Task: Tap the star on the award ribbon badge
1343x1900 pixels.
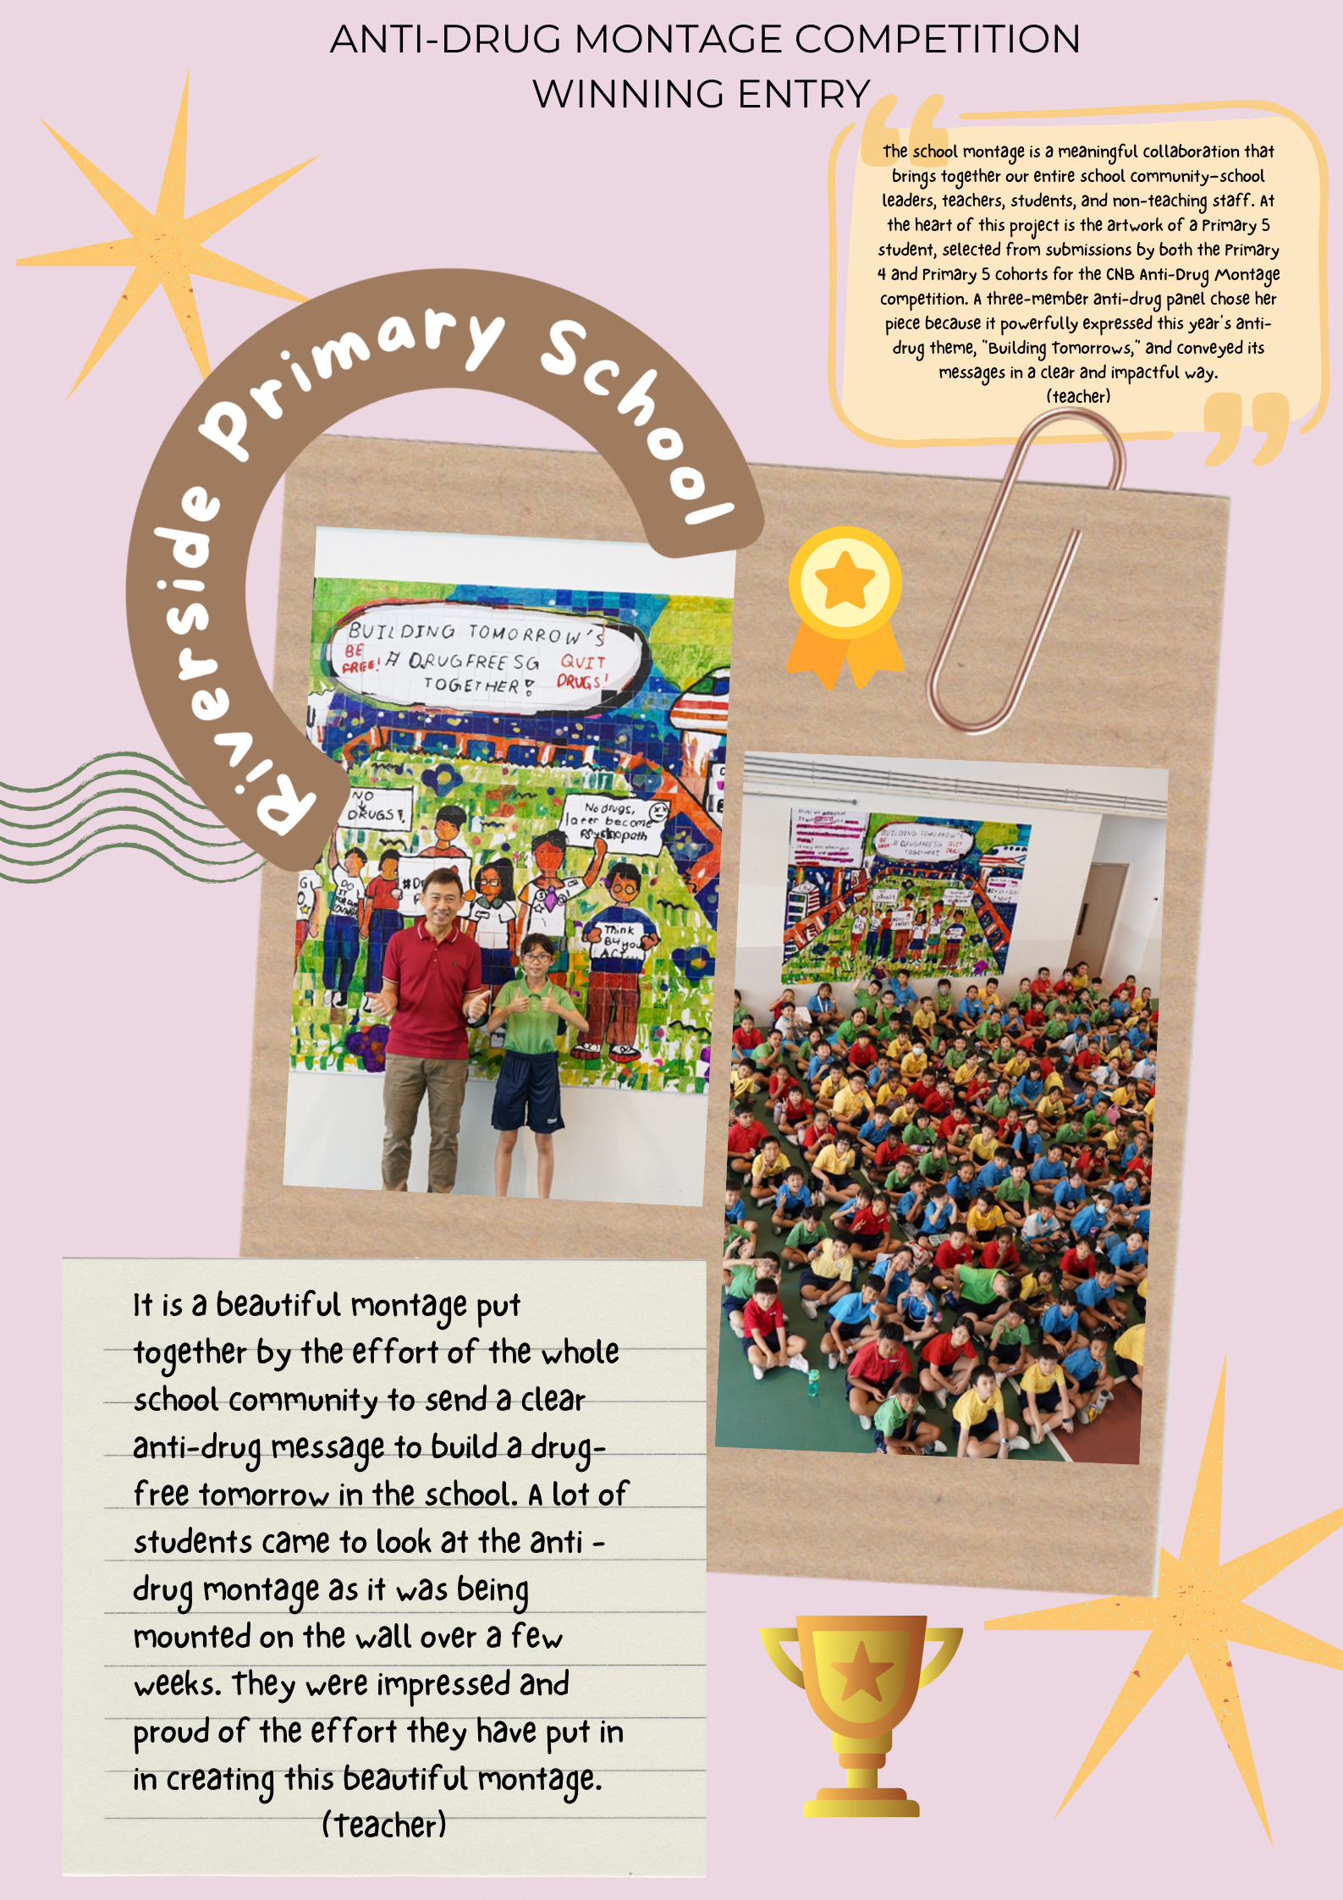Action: tap(845, 582)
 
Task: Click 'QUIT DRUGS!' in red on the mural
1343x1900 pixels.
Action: tap(582, 670)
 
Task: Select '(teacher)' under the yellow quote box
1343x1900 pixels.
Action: tap(1077, 396)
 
